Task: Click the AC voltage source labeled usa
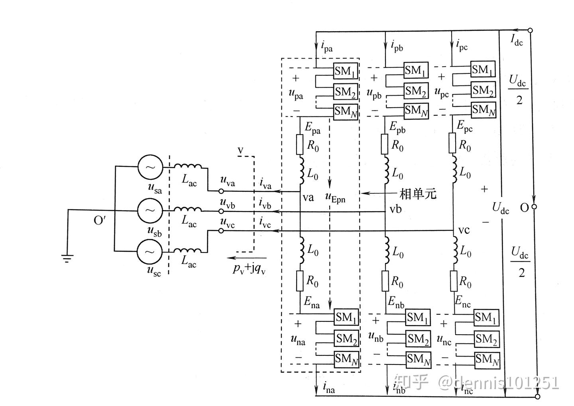tap(150, 166)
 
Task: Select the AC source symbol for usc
tap(149, 251)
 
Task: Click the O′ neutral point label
tap(100, 220)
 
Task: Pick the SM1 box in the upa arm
tap(346, 71)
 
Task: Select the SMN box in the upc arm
tap(483, 110)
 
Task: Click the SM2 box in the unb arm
tap(418, 339)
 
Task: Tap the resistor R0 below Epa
tap(300, 144)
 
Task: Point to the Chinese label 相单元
tap(418, 194)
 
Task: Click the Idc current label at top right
tap(517, 40)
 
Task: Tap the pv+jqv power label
tap(250, 269)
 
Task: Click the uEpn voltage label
tap(335, 197)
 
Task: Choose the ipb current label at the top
tap(397, 46)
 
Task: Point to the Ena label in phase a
tap(312, 302)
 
